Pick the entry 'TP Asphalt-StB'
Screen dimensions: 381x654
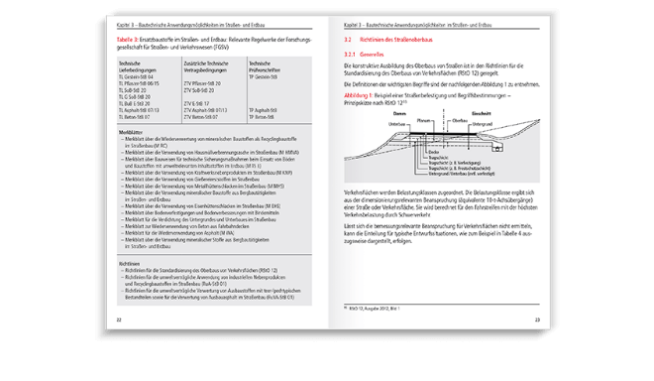pyautogui.click(x=265, y=135)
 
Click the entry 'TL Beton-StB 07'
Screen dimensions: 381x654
pyautogui.click(x=135, y=141)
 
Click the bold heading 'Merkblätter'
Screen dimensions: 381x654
pyautogui.click(x=134, y=158)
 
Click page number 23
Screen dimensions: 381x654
pyautogui.click(x=536, y=319)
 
